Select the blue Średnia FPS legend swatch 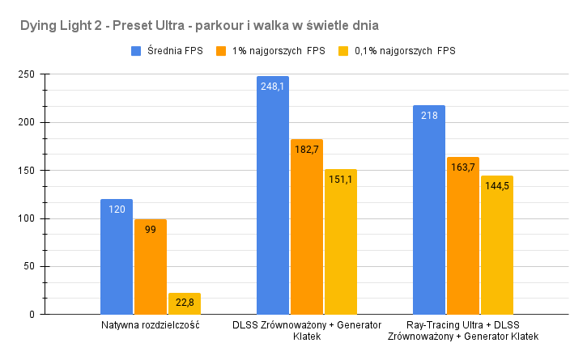point(137,52)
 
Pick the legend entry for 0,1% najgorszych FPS point(396,52)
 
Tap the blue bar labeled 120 point(117,256)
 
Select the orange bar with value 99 point(151,267)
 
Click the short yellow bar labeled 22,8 point(185,303)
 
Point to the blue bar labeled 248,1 point(273,195)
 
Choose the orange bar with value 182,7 point(307,227)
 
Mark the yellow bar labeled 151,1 point(341,242)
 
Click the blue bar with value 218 point(429,210)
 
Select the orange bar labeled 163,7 point(463,235)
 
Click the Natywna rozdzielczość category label point(151,325)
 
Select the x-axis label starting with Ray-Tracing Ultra point(463,330)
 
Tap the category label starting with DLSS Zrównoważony point(307,330)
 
